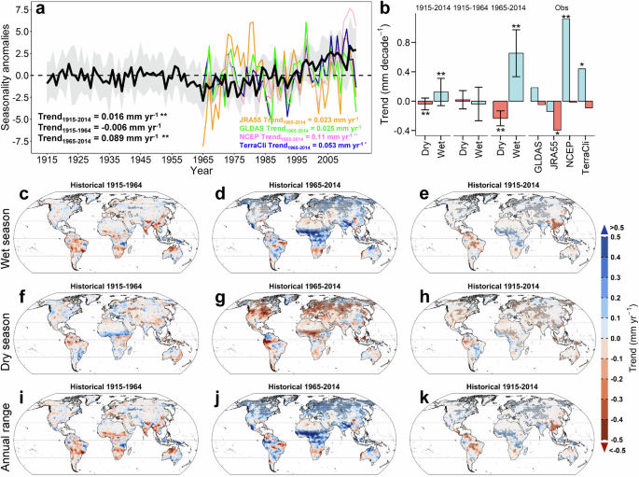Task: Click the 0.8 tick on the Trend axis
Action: click(450, 42)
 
